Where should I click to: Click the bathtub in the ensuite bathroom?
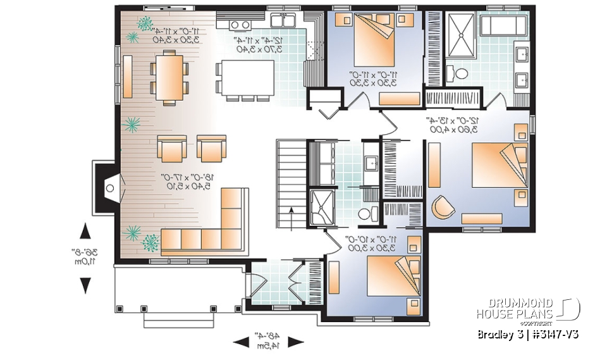(503, 26)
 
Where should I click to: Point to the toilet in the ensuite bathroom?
(460, 73)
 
